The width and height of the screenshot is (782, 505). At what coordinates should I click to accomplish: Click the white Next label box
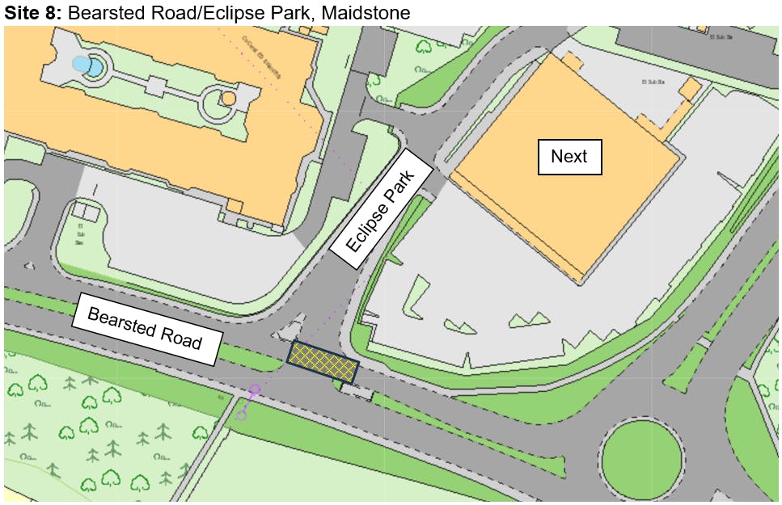click(x=569, y=157)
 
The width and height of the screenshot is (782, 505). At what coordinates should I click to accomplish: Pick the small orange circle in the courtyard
click(x=228, y=99)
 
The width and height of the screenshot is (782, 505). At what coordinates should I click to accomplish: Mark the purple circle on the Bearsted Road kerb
click(x=255, y=389)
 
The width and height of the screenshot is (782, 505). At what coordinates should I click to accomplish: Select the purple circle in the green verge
click(x=241, y=415)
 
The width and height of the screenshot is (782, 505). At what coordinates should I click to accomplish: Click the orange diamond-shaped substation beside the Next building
click(x=690, y=88)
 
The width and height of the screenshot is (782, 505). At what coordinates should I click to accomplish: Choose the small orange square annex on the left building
click(x=235, y=205)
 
